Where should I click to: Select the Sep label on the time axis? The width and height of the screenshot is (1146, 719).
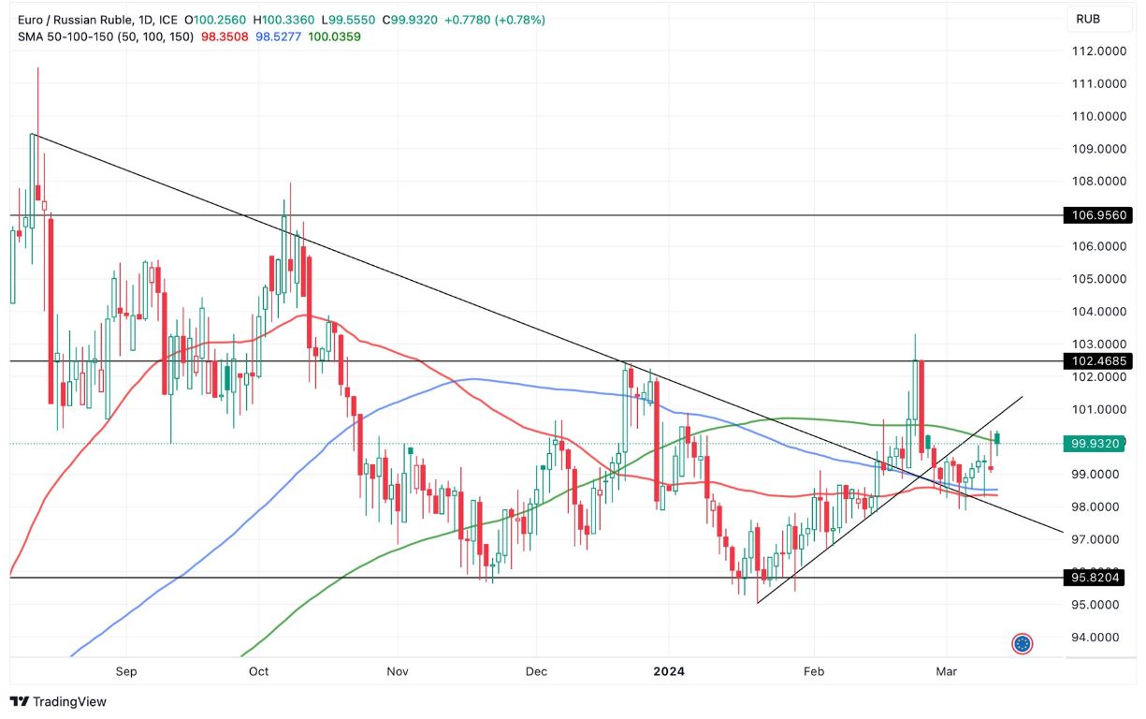pyautogui.click(x=126, y=671)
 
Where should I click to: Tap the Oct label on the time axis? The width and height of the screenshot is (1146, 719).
pyautogui.click(x=259, y=671)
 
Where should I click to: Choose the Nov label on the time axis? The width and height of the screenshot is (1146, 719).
pyautogui.click(x=398, y=671)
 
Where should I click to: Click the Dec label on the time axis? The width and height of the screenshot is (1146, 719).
pyautogui.click(x=536, y=671)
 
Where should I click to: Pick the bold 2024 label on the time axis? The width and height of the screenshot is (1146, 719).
pyautogui.click(x=669, y=671)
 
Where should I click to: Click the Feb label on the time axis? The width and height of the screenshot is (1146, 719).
pyautogui.click(x=814, y=671)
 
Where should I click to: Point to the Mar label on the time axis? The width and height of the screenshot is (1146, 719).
pyautogui.click(x=946, y=671)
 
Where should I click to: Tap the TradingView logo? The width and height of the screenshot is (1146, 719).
pyautogui.click(x=58, y=701)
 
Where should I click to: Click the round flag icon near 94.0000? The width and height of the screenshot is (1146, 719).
pyautogui.click(x=1023, y=643)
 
